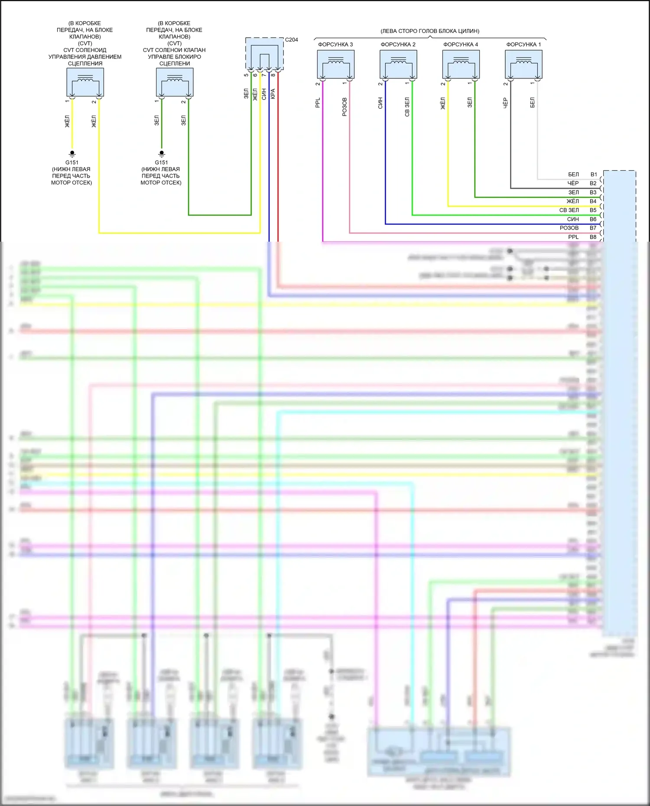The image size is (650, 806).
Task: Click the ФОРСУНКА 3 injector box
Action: pyautogui.click(x=335, y=64)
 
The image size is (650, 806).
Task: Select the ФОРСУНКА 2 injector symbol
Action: pyautogui.click(x=398, y=64)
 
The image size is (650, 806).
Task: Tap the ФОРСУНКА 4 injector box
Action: pyautogui.click(x=461, y=64)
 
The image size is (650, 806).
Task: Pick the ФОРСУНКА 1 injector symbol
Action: pyautogui.click(x=523, y=64)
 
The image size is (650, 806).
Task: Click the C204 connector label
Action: pyautogui.click(x=292, y=40)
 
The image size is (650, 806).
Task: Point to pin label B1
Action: pyautogui.click(x=594, y=175)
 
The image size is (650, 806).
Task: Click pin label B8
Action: pyautogui.click(x=593, y=237)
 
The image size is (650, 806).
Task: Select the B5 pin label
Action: pyautogui.click(x=593, y=210)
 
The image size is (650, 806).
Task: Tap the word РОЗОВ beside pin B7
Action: pyautogui.click(x=569, y=228)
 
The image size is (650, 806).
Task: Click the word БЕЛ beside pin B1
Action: pyautogui.click(x=573, y=175)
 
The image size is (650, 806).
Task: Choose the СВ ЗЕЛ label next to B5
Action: pyautogui.click(x=569, y=210)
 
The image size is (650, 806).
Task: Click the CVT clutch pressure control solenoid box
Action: pyautogui.click(x=85, y=82)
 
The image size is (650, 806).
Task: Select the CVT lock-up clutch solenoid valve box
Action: pyautogui.click(x=175, y=82)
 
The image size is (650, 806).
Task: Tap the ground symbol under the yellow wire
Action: pyautogui.click(x=72, y=153)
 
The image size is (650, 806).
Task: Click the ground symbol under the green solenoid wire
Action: pyautogui.click(x=162, y=153)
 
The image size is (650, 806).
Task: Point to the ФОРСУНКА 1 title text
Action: pyautogui.click(x=523, y=45)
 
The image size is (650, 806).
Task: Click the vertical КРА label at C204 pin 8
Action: pyautogui.click(x=273, y=94)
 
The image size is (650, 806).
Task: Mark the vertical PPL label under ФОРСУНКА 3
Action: pyautogui.click(x=318, y=103)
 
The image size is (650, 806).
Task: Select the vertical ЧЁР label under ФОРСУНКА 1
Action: pyautogui.click(x=505, y=103)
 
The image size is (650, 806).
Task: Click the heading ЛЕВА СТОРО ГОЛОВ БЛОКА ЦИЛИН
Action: pyautogui.click(x=430, y=31)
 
